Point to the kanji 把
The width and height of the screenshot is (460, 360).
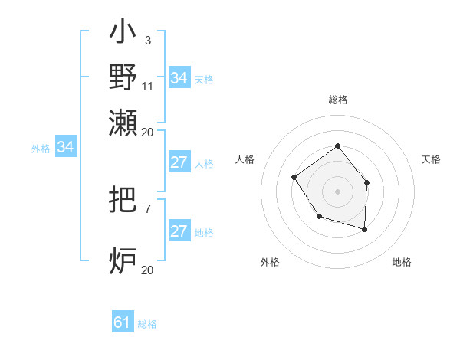click(123, 201)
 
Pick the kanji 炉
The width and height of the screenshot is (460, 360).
click(123, 260)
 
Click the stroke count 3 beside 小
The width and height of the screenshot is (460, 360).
click(147, 40)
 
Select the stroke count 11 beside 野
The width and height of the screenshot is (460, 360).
click(148, 86)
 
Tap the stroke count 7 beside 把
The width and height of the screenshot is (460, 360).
click(147, 208)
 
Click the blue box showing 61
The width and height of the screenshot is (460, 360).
click(123, 322)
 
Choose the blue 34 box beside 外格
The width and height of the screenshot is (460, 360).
click(65, 147)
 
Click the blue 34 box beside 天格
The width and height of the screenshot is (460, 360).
click(179, 77)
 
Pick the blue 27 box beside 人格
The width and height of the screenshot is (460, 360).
click(179, 162)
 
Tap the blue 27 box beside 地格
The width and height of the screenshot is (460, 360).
click(179, 231)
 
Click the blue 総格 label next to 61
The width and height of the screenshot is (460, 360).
click(147, 324)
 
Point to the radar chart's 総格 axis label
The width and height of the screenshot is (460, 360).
click(337, 100)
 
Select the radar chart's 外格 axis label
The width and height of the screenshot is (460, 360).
click(270, 262)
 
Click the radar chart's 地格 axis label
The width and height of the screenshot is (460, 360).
click(402, 262)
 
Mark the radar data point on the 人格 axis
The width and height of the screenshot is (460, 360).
click(294, 178)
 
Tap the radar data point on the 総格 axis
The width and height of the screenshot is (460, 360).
click(337, 146)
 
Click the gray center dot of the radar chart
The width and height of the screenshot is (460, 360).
click(337, 191)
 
